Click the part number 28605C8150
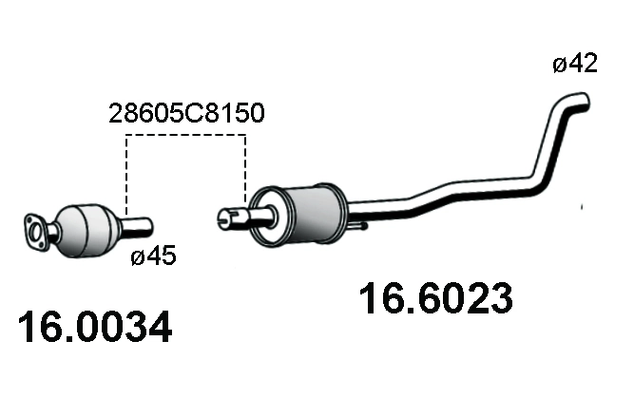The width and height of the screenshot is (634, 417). coord(184,115)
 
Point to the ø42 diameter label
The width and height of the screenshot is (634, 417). coord(574,65)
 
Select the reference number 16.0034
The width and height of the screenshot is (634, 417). coord(95,328)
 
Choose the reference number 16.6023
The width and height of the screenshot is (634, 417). coord(435,299)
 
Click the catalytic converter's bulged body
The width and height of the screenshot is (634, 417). coord(86,228)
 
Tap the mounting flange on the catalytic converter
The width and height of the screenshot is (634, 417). coord(36,231)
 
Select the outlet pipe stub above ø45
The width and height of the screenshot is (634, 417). coord(137,225)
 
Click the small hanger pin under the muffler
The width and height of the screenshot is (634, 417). coord(362,226)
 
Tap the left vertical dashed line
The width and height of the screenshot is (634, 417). coord(126,176)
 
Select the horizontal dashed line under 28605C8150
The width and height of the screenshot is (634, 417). coord(185,136)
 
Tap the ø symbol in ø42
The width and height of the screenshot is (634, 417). coord(559,65)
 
